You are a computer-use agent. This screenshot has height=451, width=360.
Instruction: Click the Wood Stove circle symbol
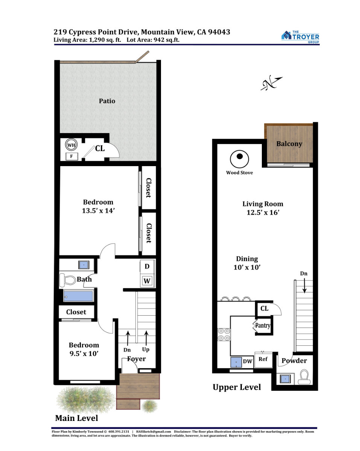coord(239,159)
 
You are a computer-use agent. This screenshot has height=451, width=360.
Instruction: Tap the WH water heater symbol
coord(71,145)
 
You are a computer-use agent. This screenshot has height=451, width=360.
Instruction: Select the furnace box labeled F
coord(71,156)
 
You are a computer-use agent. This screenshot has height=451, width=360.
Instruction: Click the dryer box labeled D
coord(147,266)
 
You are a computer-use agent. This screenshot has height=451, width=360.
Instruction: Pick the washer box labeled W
coord(147,280)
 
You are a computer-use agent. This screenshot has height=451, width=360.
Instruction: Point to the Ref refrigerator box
coord(263,360)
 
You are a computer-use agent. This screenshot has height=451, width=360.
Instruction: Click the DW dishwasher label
coord(248,361)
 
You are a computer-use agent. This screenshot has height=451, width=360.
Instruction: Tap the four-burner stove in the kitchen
coord(224,334)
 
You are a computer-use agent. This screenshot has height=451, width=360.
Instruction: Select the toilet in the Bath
coord(67,280)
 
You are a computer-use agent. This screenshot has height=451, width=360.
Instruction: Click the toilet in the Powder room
coord(304,377)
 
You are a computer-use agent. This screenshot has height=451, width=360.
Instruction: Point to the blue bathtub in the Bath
coord(78,296)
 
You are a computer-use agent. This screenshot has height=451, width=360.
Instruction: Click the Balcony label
coord(289,144)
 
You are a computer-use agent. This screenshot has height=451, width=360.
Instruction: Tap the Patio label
coord(107,101)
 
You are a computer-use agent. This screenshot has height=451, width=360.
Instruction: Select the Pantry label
coord(263,325)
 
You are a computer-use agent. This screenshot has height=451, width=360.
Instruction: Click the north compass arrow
coord(272,83)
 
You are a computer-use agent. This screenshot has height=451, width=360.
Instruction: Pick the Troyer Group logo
coord(300,37)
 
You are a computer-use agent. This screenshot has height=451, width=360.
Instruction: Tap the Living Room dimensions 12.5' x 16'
coord(263,212)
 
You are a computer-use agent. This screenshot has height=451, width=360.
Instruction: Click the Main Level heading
coord(77,418)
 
